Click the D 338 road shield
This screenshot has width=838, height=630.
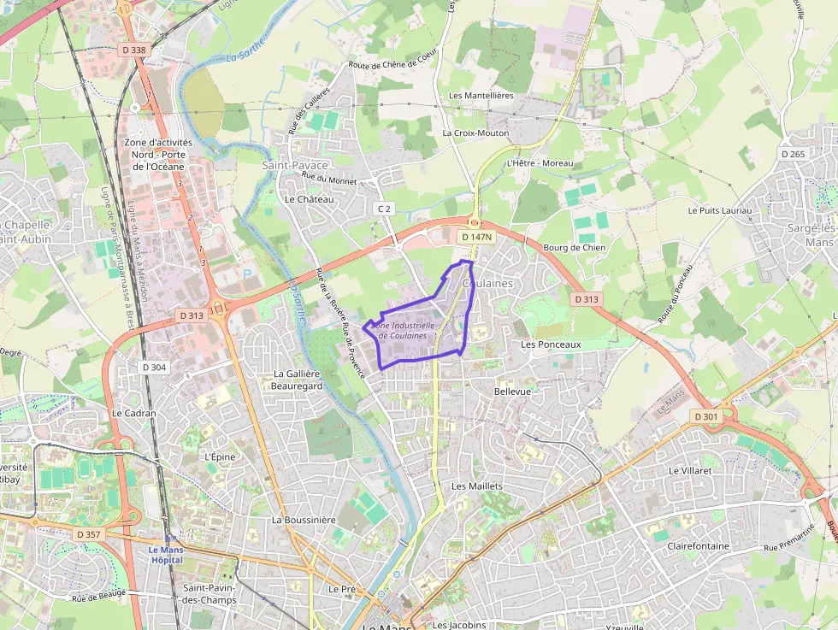(x=134, y=50)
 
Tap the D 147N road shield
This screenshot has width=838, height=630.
(x=476, y=237)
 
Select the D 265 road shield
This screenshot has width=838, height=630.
(x=793, y=154)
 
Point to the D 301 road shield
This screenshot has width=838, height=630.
(x=707, y=416)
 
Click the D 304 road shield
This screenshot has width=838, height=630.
(x=152, y=367)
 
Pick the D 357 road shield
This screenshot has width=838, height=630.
(x=88, y=534)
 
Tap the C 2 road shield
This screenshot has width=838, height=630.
(x=384, y=209)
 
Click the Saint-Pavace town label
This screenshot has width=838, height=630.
(x=289, y=164)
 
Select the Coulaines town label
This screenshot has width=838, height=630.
(x=487, y=283)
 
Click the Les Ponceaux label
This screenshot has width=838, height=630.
(x=551, y=344)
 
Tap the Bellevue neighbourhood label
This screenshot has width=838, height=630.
(x=512, y=391)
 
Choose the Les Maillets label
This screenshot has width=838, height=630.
(x=477, y=486)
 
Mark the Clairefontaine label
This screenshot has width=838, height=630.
(x=698, y=545)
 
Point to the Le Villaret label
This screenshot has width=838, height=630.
(x=690, y=470)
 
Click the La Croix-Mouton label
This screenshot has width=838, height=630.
(x=475, y=133)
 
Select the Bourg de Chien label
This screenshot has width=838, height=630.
(x=574, y=248)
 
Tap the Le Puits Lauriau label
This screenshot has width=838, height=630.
(x=719, y=210)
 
